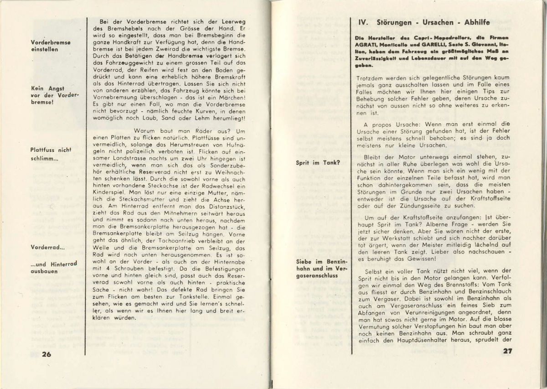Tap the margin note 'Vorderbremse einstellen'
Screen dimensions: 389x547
[x=51, y=46]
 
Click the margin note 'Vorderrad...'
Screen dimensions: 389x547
[x=47, y=247]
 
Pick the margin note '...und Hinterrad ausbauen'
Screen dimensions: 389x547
[x=53, y=267]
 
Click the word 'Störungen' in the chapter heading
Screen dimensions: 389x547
[x=397, y=22]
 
